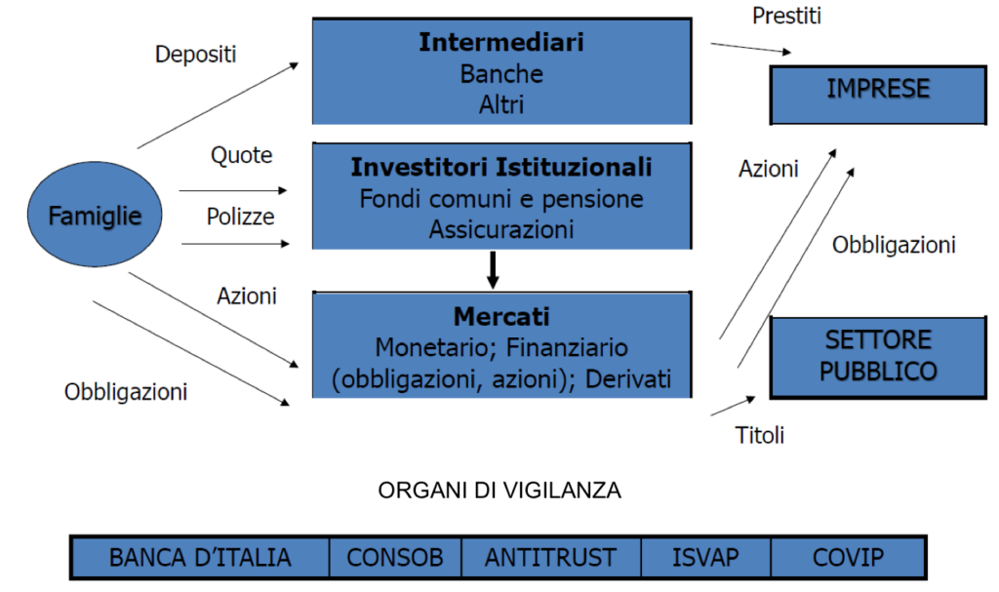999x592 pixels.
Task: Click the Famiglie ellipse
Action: pyautogui.click(x=95, y=215)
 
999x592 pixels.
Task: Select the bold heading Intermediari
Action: pyautogui.click(x=501, y=42)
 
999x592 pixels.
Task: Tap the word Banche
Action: pyautogui.click(x=501, y=74)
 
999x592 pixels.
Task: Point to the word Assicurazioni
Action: pyautogui.click(x=501, y=229)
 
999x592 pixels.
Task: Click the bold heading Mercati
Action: pyautogui.click(x=501, y=317)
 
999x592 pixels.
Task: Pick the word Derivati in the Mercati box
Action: pyautogui.click(x=628, y=378)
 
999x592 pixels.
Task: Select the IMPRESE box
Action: pyautogui.click(x=878, y=95)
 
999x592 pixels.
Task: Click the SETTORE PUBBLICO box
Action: pyautogui.click(x=878, y=357)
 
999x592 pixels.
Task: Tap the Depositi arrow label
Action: pyautogui.click(x=195, y=55)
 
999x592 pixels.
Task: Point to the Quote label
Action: pyautogui.click(x=242, y=155)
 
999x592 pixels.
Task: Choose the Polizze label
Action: pyautogui.click(x=240, y=217)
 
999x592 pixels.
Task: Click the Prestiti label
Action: pyautogui.click(x=786, y=16)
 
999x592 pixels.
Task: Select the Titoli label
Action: pyautogui.click(x=759, y=435)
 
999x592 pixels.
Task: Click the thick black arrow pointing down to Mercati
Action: pyautogui.click(x=493, y=270)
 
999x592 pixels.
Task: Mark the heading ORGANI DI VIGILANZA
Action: pyautogui.click(x=499, y=490)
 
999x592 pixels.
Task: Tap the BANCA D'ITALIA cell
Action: pyautogui.click(x=200, y=558)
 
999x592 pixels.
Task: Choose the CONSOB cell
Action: pyautogui.click(x=395, y=558)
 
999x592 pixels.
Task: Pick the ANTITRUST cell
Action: pyautogui.click(x=551, y=558)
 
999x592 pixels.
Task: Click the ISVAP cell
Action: pyautogui.click(x=706, y=558)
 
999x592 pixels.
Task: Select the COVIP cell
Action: pyautogui.click(x=848, y=558)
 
